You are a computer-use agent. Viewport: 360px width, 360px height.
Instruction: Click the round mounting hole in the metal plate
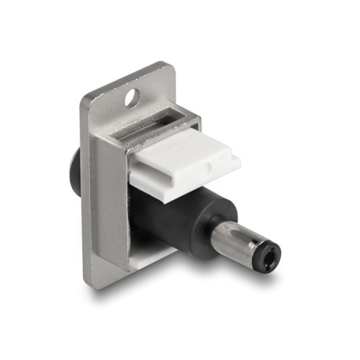click(x=131, y=96)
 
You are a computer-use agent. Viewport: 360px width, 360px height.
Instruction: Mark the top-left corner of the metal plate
click(x=85, y=97)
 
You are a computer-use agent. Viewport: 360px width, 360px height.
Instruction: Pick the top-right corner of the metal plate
click(x=173, y=69)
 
